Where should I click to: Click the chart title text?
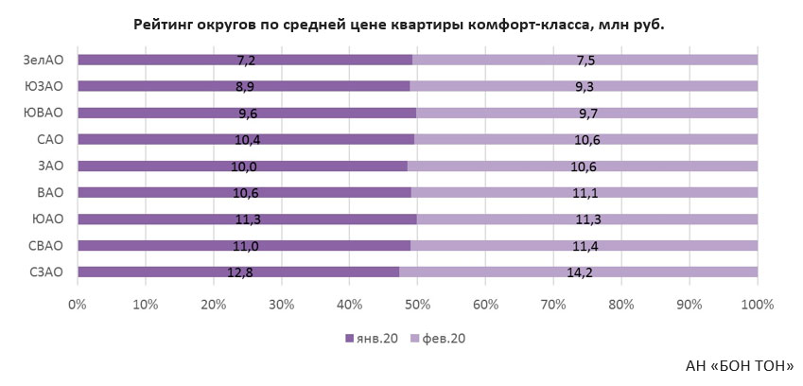tap(398, 25)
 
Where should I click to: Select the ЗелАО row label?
tap(44, 61)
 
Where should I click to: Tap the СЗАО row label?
tap(46, 272)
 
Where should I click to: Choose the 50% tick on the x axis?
tap(418, 305)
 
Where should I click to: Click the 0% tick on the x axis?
tap(77, 305)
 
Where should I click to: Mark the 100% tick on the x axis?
tap(757, 305)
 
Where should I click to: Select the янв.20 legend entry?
tap(371, 338)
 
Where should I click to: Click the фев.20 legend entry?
tap(439, 338)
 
